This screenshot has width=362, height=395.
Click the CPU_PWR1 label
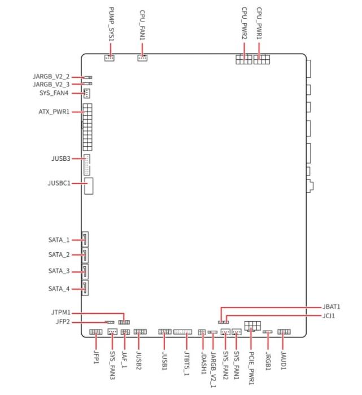pyautogui.click(x=259, y=23)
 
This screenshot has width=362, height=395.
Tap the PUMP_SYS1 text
pyautogui.click(x=111, y=24)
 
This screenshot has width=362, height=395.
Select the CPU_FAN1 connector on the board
pyautogui.click(x=142, y=58)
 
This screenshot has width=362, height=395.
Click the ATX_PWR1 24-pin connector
pyautogui.click(x=88, y=127)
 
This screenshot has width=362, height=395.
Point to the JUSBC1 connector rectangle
pyautogui.click(x=89, y=186)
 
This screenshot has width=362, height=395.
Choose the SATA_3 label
pyautogui.click(x=59, y=271)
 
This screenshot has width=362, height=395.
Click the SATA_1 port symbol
pyautogui.click(x=85, y=239)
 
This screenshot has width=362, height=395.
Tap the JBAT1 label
pyautogui.click(x=332, y=307)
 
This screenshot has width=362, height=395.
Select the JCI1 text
pyautogui.click(x=329, y=316)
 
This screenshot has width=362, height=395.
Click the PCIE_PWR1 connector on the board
pyautogui.click(x=252, y=326)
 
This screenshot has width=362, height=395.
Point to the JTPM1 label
pyautogui.click(x=61, y=313)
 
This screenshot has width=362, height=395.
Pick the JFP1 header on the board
pyautogui.click(x=96, y=332)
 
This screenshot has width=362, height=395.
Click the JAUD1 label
pyautogui.click(x=284, y=361)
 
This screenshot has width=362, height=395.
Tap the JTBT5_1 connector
pyautogui.click(x=182, y=332)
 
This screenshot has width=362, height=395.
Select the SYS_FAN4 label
pyautogui.click(x=54, y=93)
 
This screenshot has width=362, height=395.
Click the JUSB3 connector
pyautogui.click(x=87, y=165)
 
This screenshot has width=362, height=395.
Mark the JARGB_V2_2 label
pyautogui.click(x=51, y=76)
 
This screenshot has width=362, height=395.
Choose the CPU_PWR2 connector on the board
pyautogui.click(x=244, y=59)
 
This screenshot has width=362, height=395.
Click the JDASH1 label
pyautogui.click(x=204, y=363)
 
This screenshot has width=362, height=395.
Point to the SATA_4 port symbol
pyautogui.click(x=85, y=288)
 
